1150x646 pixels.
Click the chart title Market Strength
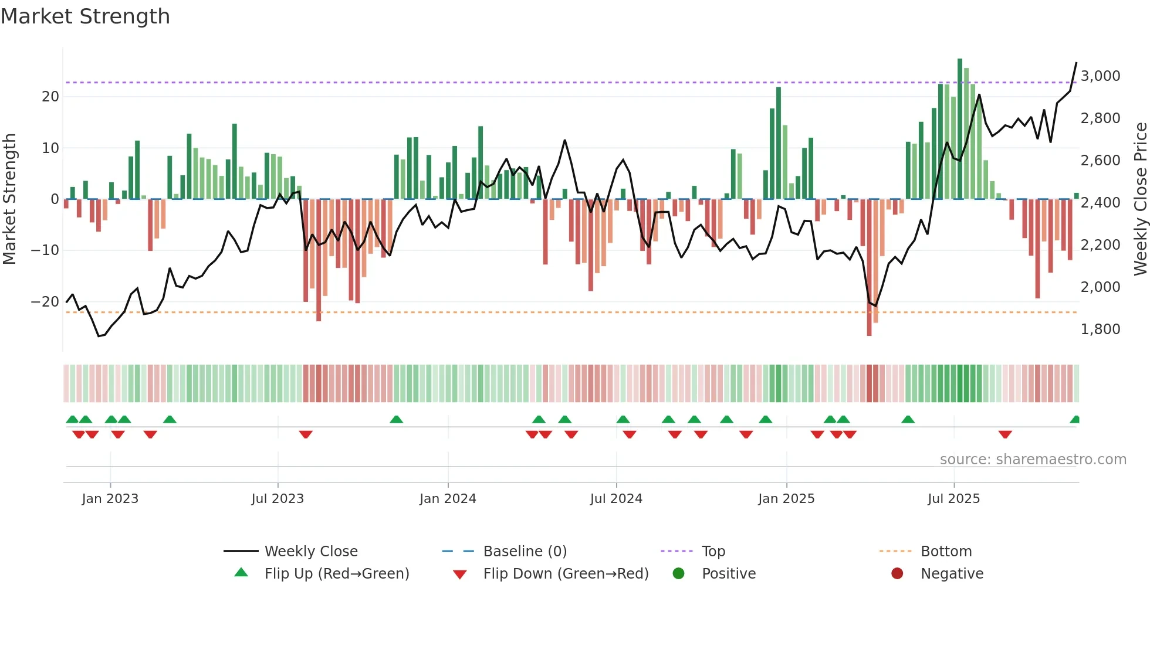pyautogui.click(x=85, y=16)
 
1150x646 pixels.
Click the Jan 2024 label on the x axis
pyautogui.click(x=448, y=499)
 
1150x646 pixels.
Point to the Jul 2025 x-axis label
pyautogui.click(x=953, y=499)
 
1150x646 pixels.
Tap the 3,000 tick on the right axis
pyautogui.click(x=1100, y=76)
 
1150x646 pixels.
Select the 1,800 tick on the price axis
pyautogui.click(x=1100, y=329)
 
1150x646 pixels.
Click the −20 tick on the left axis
pyautogui.click(x=45, y=302)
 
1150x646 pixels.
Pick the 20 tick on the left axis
pyautogui.click(x=50, y=97)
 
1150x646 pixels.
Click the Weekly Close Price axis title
pyautogui.click(x=1140, y=199)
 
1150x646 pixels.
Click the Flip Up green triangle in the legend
pyautogui.click(x=241, y=573)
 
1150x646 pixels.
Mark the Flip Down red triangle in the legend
pyautogui.click(x=460, y=574)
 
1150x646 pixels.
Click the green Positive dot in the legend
pyautogui.click(x=679, y=573)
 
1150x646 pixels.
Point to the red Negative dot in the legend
pyautogui.click(x=897, y=573)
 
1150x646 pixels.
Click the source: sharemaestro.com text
pyautogui.click(x=1033, y=460)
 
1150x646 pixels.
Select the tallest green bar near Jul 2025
pyautogui.click(x=960, y=129)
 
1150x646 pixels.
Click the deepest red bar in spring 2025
pyautogui.click(x=869, y=267)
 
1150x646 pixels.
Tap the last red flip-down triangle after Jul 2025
pyautogui.click(x=1005, y=434)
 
